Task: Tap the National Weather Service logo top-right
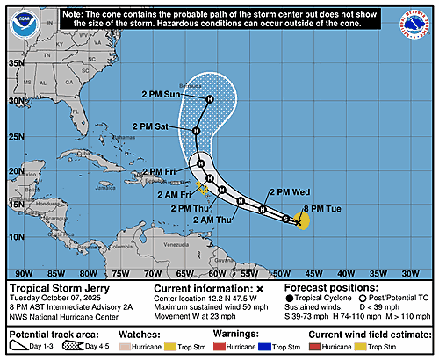pyautogui.click(x=415, y=24)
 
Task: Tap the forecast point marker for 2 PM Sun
pyautogui.click(x=210, y=99)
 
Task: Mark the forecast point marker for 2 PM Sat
pyautogui.click(x=197, y=131)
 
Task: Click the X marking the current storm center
pyautogui.click(x=299, y=223)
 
